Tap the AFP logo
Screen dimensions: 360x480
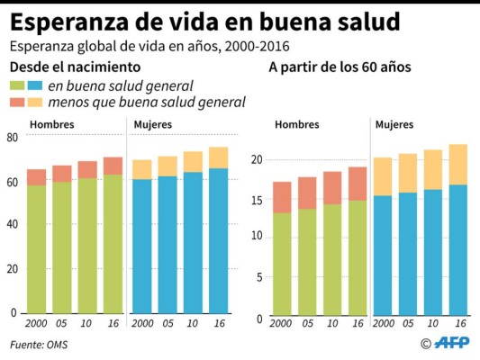451,343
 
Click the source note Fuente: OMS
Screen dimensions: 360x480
39,344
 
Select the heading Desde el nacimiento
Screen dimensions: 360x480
75,67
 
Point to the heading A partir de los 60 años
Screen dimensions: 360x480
339,67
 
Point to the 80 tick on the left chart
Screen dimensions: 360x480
13,138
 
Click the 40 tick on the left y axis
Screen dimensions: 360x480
13,225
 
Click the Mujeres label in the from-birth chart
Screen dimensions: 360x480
153,124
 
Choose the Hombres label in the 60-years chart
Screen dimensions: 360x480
297,124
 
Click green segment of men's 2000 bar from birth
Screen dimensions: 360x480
36,248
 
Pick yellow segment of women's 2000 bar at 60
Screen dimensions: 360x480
383,176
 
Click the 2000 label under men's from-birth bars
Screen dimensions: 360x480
36,321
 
